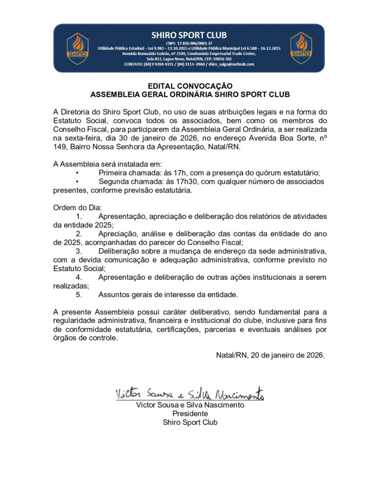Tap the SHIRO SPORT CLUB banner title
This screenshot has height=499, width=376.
188,35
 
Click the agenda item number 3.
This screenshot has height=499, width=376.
79,251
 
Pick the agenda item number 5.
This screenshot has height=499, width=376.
79,295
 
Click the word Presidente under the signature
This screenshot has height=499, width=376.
190,414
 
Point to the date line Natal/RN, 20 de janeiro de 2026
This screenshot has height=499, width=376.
271,355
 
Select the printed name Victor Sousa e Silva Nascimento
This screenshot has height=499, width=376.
190,405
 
